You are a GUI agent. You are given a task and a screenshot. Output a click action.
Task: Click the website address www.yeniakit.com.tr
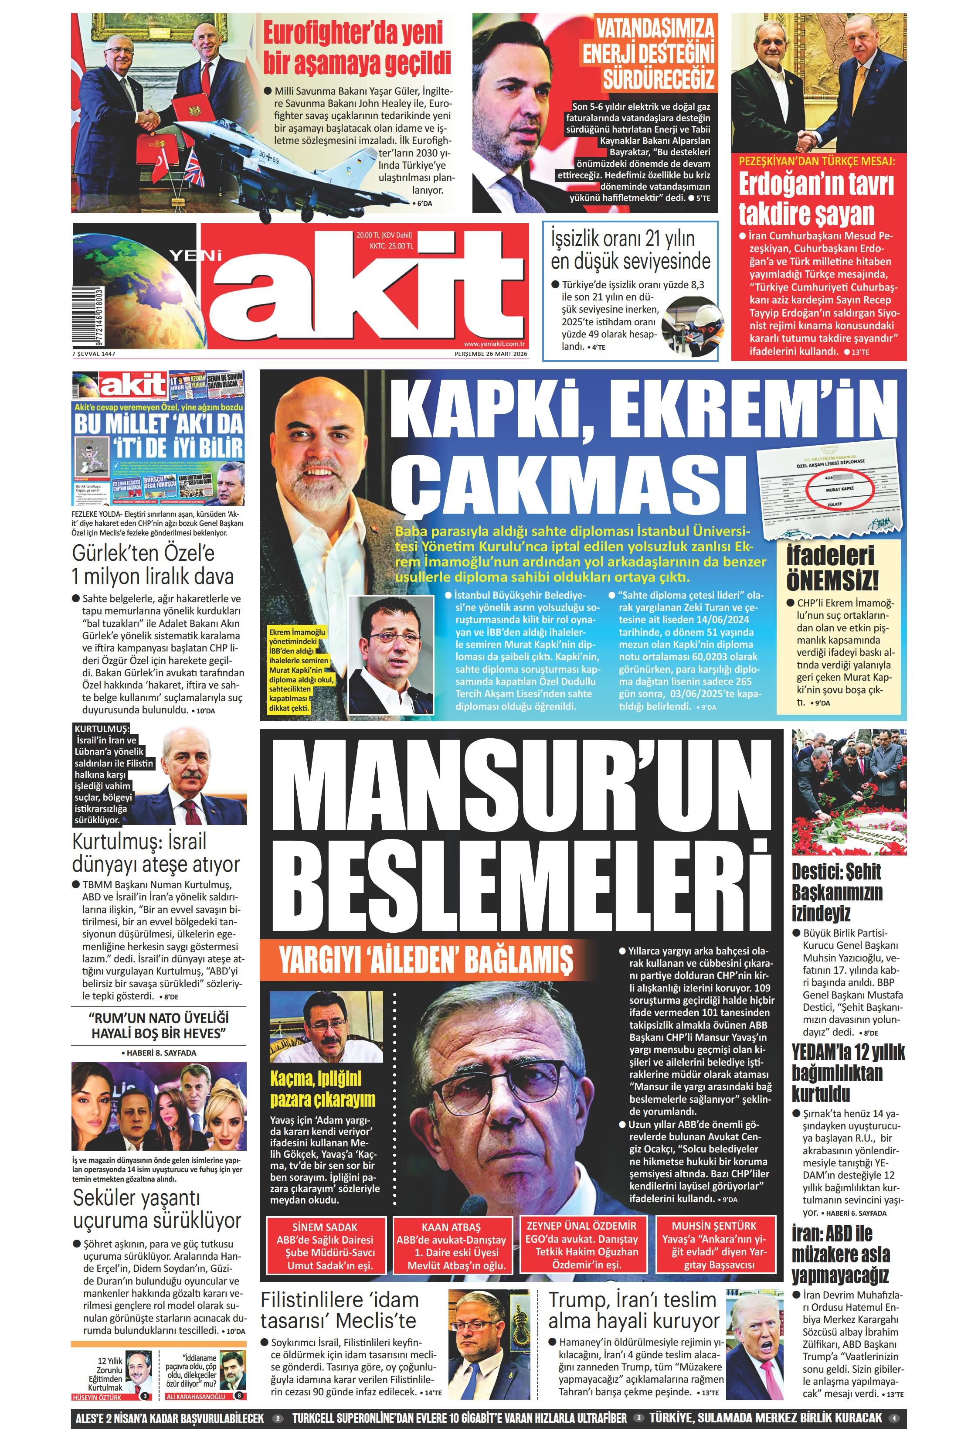(494, 344)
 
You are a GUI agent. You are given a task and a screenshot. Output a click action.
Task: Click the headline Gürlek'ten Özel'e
(143, 552)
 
